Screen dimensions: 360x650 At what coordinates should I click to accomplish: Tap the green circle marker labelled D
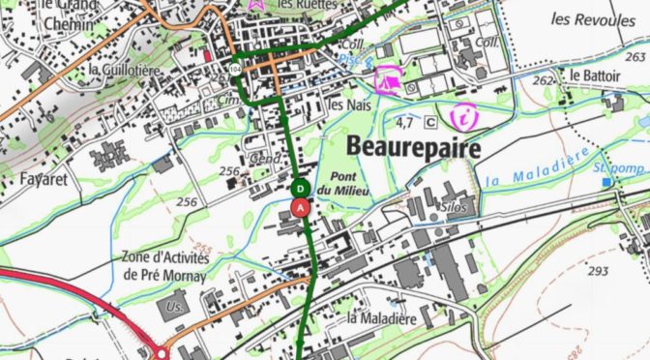click(x=301, y=188)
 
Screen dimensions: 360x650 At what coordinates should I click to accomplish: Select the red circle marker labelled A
click(x=301, y=206)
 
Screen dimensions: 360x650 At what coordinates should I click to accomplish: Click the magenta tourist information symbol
click(x=464, y=117)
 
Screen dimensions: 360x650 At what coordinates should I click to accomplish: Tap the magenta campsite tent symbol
click(x=389, y=77)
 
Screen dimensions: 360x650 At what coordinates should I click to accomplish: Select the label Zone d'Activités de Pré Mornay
click(x=166, y=265)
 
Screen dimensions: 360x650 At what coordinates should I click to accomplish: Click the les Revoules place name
click(x=588, y=18)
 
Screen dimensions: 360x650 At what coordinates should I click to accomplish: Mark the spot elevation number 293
click(x=598, y=270)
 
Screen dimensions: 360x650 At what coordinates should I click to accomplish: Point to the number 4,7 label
click(x=405, y=123)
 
